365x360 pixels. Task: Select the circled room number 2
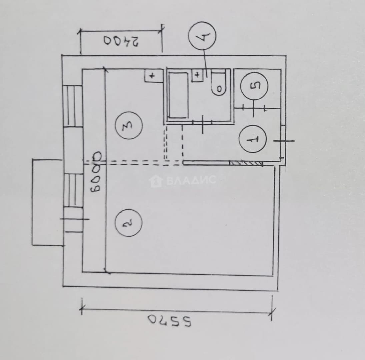point(128,223)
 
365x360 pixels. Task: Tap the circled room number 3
point(128,125)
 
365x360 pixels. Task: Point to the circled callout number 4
point(202,36)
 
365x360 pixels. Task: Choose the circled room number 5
point(254,86)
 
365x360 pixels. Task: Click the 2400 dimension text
point(121,41)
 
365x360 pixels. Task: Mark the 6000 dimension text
point(96,172)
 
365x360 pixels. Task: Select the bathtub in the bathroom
point(178,96)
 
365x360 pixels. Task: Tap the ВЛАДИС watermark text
point(191,180)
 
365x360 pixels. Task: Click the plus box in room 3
point(154,76)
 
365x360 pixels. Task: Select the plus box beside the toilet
point(197,75)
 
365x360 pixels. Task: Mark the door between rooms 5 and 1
point(254,108)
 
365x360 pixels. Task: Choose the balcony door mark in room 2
point(75,219)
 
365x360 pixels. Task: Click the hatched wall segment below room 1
point(246,163)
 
